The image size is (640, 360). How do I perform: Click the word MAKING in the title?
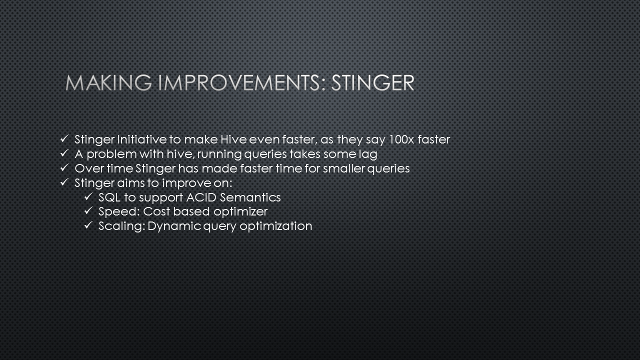tap(108, 83)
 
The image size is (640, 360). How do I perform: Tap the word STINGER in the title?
tap(373, 83)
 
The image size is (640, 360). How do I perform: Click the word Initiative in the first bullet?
tap(141, 139)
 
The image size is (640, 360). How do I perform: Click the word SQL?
tap(109, 197)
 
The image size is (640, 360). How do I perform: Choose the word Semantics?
tap(250, 197)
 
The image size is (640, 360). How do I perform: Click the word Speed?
tap(119, 212)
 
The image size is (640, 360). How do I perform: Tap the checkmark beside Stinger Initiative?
tap(64, 139)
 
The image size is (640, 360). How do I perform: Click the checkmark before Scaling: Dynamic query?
tap(88, 225)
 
